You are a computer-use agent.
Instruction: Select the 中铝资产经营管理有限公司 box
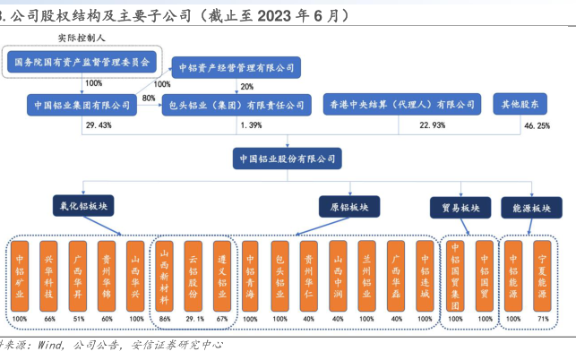tap(237, 67)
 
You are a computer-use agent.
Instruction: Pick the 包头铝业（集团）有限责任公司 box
tap(237, 105)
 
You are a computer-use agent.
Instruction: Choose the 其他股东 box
tap(520, 105)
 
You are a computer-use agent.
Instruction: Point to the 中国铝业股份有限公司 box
tap(287, 159)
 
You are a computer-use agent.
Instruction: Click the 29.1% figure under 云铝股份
tap(192, 319)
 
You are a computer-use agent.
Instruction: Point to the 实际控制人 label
tap(82, 39)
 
